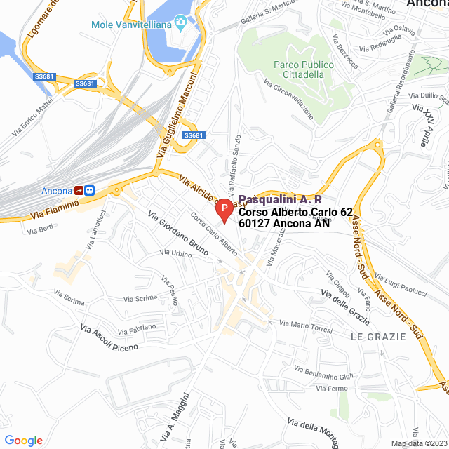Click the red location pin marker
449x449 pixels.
[x=224, y=210]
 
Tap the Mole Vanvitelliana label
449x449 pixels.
[x=132, y=25]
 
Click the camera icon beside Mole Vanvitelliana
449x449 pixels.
[x=181, y=25]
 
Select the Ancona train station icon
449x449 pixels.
[x=85, y=190]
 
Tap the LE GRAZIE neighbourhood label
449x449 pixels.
[x=378, y=337]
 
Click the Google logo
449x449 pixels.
[x=23, y=440]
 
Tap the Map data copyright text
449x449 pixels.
[x=418, y=443]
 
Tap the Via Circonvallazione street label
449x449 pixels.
[x=288, y=102]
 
